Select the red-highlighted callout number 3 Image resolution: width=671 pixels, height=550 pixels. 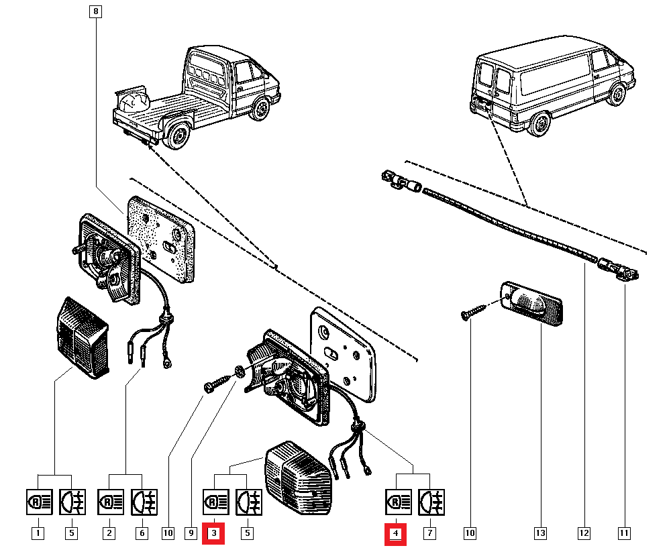(x=214, y=534)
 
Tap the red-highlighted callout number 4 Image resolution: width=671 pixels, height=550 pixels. (x=396, y=534)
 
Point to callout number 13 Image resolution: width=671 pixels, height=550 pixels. (x=540, y=534)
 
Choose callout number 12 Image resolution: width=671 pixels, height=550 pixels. (x=584, y=534)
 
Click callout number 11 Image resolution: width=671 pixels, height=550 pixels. (x=624, y=534)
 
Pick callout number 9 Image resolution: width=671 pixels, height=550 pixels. (x=191, y=534)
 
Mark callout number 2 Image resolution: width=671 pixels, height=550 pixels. (x=108, y=534)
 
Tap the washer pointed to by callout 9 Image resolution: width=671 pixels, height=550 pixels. (x=240, y=371)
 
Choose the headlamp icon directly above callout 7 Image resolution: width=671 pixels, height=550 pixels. (x=429, y=501)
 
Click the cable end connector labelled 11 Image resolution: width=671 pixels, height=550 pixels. (x=625, y=271)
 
